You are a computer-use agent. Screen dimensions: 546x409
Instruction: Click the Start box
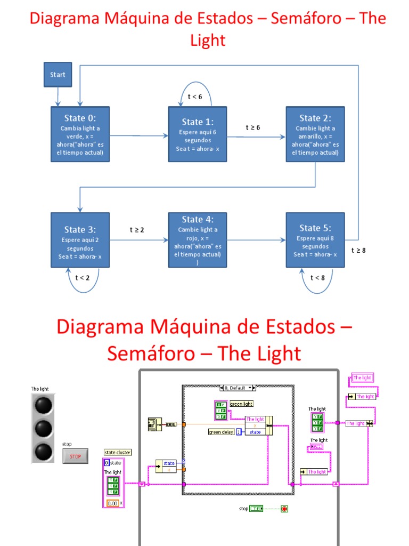pyautogui.click(x=58, y=75)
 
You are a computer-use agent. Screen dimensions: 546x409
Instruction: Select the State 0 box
pyautogui.click(x=80, y=135)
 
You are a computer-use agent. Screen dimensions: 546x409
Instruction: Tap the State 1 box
pyautogui.click(x=198, y=135)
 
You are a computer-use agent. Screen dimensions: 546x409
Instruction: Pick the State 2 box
pyautogui.click(x=315, y=135)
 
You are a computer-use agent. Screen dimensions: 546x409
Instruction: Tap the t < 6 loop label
pyautogui.click(x=195, y=97)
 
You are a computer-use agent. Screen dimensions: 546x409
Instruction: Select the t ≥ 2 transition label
pyautogui.click(x=137, y=230)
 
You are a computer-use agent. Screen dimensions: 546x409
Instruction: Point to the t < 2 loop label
pyautogui.click(x=83, y=277)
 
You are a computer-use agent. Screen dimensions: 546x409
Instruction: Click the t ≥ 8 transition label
pyautogui.click(x=358, y=250)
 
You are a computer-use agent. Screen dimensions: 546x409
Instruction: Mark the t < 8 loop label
pyautogui.click(x=317, y=277)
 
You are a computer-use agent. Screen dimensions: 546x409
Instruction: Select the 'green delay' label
pyautogui.click(x=222, y=432)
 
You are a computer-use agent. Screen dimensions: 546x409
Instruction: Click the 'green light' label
pyautogui.click(x=241, y=404)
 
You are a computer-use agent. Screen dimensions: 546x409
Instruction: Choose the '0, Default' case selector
pyautogui.click(x=238, y=388)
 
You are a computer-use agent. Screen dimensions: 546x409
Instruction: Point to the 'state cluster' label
pyautogui.click(x=118, y=453)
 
